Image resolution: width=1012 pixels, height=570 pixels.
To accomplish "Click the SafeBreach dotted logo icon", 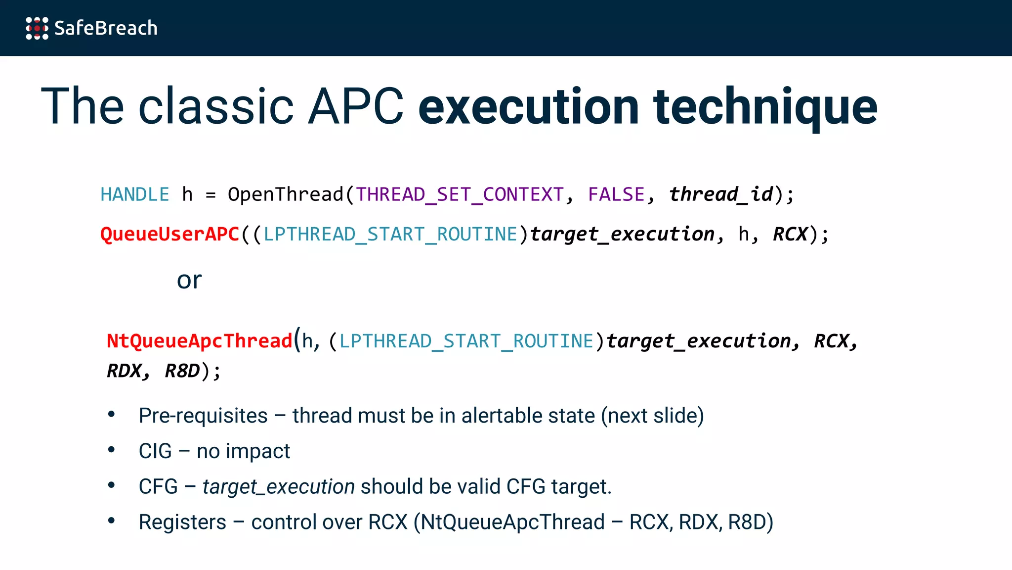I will tap(37, 28).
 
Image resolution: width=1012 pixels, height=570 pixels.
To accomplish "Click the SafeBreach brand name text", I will tap(106, 28).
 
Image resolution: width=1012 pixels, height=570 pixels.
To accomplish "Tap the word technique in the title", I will tap(765, 106).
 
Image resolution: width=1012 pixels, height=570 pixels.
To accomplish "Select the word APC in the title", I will tap(355, 106).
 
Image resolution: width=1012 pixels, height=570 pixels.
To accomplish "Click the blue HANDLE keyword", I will tap(134, 194).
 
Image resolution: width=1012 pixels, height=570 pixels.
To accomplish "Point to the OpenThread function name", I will tap(285, 194).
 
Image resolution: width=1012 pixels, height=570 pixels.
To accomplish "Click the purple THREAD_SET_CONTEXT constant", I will tap(460, 194).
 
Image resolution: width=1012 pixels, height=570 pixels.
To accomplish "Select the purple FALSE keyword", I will tap(616, 194).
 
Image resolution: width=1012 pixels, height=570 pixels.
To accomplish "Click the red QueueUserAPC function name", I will tap(169, 234).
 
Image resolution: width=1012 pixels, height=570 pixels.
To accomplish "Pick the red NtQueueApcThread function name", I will tap(200, 341).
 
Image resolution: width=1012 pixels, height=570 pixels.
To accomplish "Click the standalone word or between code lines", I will tap(189, 281).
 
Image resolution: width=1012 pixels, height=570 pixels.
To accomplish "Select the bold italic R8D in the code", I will tap(182, 371).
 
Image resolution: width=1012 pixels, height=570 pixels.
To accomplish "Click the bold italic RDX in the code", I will tap(125, 371).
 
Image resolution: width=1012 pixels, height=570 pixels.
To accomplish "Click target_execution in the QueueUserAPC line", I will tap(622, 234).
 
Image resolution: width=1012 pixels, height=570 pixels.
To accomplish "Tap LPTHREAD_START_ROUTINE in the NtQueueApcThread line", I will tap(466, 341).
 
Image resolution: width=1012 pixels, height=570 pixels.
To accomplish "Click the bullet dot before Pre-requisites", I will tap(112, 414).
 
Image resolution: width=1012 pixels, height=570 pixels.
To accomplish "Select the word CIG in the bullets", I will tap(155, 451).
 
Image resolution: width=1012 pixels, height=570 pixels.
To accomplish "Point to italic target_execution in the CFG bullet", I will tap(278, 487).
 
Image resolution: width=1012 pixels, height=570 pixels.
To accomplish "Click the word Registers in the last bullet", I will tap(182, 522).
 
